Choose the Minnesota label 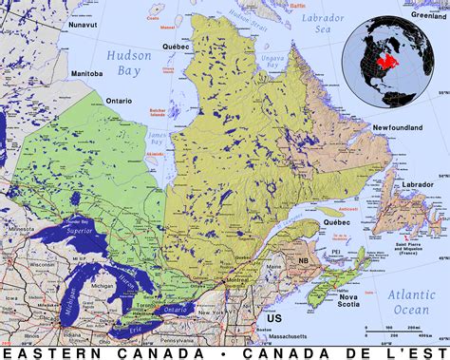tap(16, 231)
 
